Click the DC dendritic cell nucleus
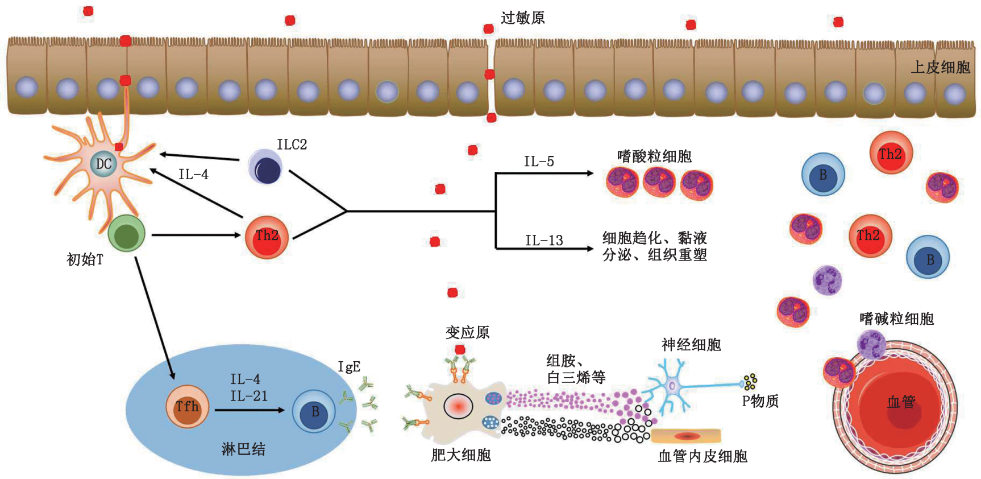pos(103,164)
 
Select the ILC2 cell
pos(265,167)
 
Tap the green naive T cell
pos(126,234)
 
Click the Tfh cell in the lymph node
pos(187,407)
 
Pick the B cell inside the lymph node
pos(314,411)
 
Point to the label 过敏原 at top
pos(522,18)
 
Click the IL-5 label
pos(538,162)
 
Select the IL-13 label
pos(543,241)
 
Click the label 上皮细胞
pos(940,67)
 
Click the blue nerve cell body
pos(672,386)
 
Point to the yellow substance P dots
pos(750,381)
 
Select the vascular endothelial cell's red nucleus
pos(687,436)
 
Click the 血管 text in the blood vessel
pos(901,402)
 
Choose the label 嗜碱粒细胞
pos(896,319)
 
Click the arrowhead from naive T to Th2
pos(238,234)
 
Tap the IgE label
pos(349,367)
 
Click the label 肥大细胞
pos(460,455)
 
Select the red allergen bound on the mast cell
pos(460,350)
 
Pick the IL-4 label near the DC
pos(193,175)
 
